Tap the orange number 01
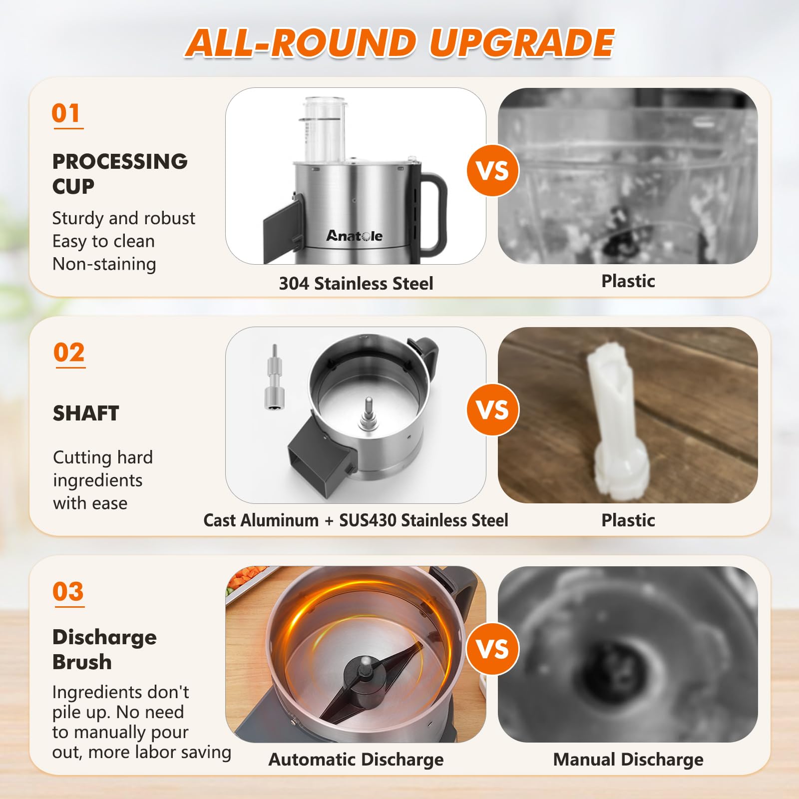[66, 113]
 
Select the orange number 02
[69, 353]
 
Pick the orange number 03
[68, 592]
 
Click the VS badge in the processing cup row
[493, 170]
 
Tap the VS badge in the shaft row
[493, 409]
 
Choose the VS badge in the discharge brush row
[493, 649]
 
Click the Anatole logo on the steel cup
[355, 236]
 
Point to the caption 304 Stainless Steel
[356, 283]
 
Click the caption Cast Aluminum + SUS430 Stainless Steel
[356, 520]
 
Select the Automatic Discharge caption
[356, 760]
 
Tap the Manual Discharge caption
[628, 760]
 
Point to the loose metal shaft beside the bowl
[274, 382]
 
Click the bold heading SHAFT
[86, 413]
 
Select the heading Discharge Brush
[104, 649]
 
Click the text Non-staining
[104, 264]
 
